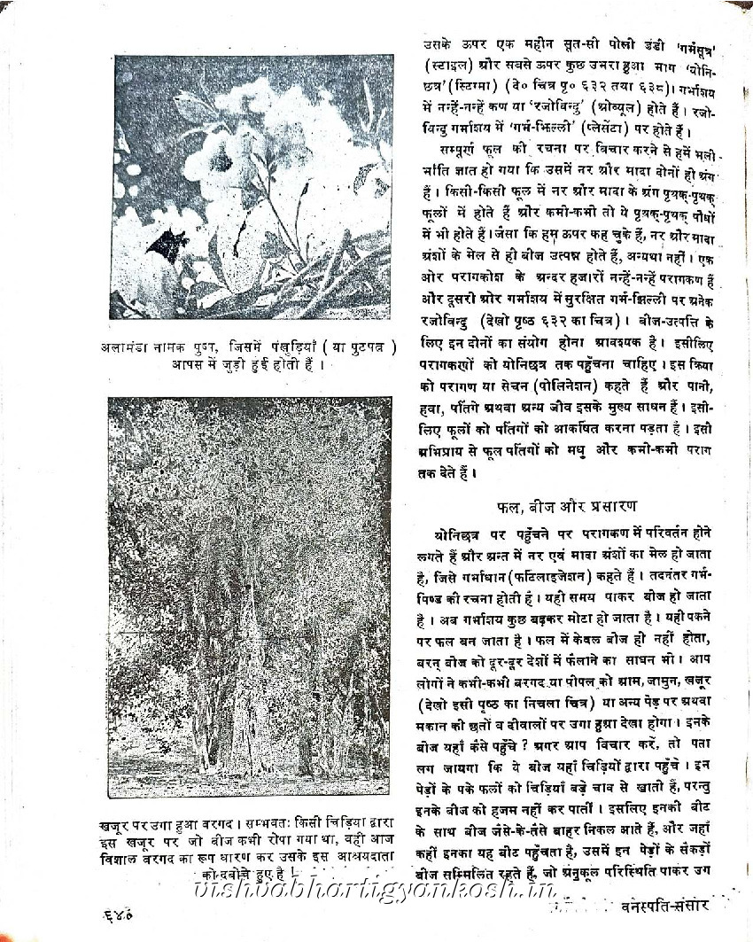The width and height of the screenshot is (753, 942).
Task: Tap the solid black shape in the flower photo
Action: (170, 244)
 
